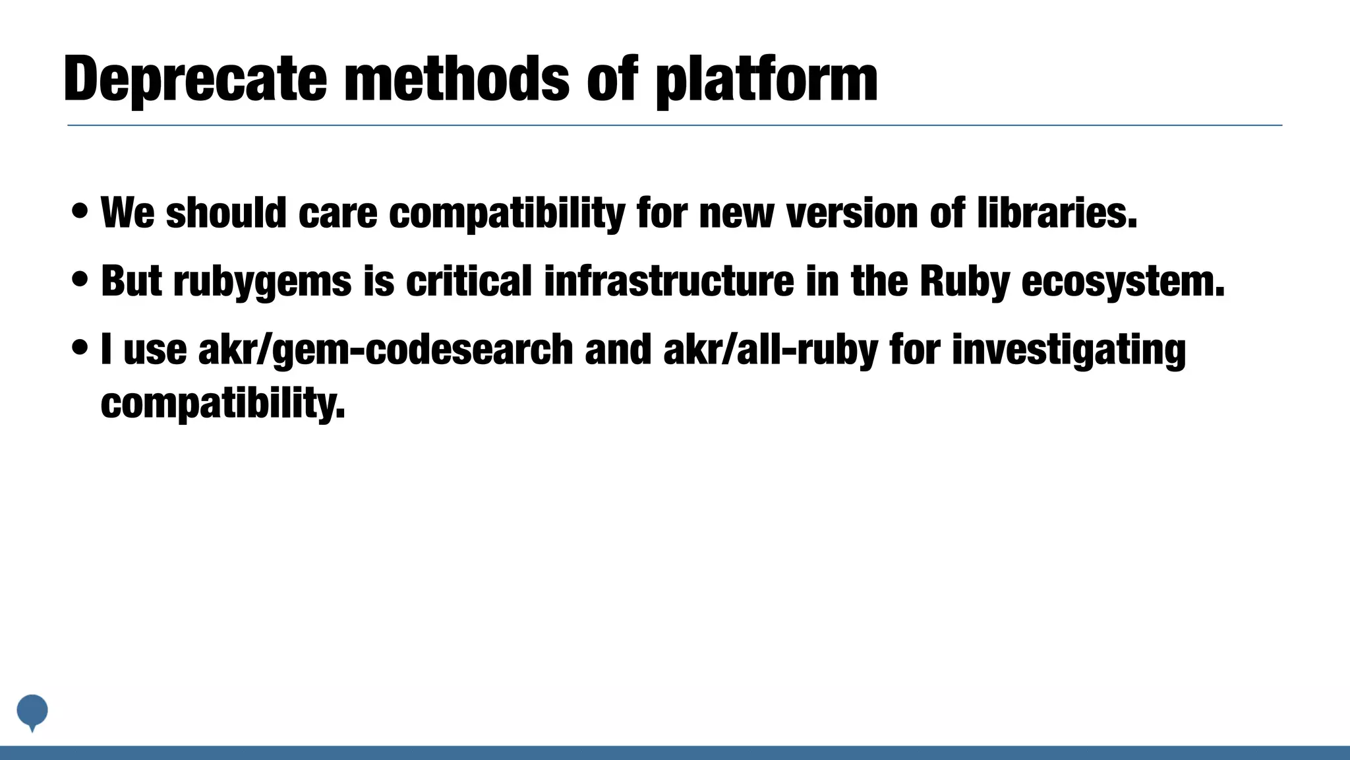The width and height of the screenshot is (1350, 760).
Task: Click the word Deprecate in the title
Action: coord(195,80)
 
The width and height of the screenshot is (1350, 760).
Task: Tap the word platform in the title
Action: coord(767,80)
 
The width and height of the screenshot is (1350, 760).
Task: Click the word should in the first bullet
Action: coord(226,213)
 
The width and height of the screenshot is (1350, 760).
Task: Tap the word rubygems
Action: coord(262,282)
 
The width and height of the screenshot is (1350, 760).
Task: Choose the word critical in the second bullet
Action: coord(469,280)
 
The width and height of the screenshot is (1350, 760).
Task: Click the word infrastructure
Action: coord(669,280)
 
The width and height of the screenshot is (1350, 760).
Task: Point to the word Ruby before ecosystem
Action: coord(964,282)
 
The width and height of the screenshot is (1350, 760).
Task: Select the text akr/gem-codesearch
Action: coord(386,349)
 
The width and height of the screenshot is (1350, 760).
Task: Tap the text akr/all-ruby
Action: coord(771,349)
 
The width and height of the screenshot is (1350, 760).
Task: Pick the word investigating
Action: coord(1069,349)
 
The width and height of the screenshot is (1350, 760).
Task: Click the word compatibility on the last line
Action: coord(223,403)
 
